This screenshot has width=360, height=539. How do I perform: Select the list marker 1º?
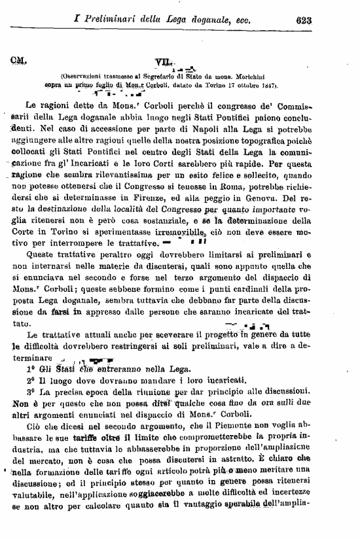click(x=31, y=370)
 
